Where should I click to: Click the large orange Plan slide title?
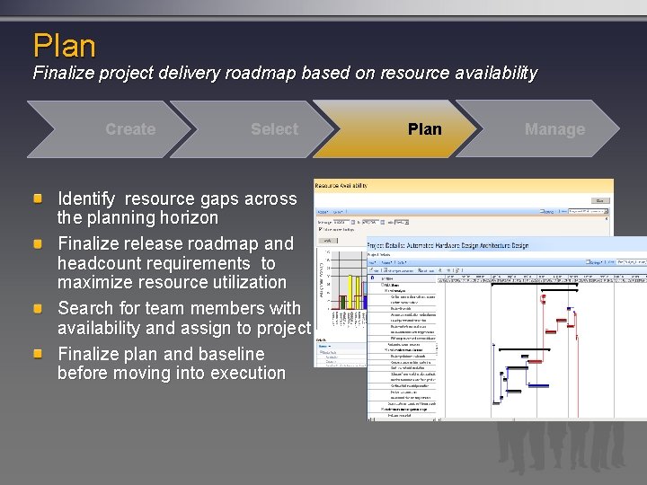click(x=64, y=45)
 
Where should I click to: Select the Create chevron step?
click(x=130, y=129)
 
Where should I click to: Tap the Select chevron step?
click(x=274, y=129)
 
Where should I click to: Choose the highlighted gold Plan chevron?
click(x=424, y=129)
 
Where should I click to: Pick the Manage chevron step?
click(x=554, y=129)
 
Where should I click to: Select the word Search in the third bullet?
click(x=85, y=309)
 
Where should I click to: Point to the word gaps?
click(x=213, y=198)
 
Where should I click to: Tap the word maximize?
click(x=98, y=282)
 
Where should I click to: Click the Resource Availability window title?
click(x=341, y=185)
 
